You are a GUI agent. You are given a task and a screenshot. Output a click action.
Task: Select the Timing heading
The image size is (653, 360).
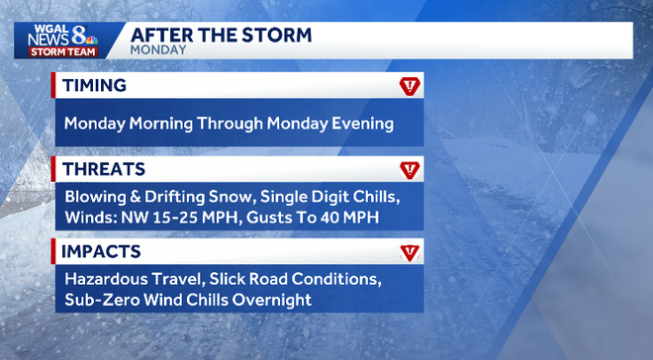pyautogui.click(x=94, y=86)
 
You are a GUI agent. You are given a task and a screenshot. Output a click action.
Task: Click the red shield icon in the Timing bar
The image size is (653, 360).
pyautogui.click(x=409, y=87)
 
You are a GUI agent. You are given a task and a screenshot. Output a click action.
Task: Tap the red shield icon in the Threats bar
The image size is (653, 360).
pyautogui.click(x=409, y=169)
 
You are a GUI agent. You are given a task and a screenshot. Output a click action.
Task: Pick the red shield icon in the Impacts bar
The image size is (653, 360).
pyautogui.click(x=409, y=252)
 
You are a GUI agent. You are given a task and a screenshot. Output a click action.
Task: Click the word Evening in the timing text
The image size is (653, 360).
pyautogui.click(x=360, y=125)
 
